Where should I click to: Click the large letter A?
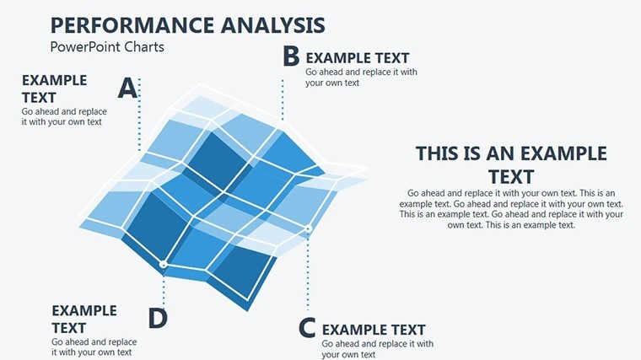pos(127,89)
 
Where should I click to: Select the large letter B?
pos(291,56)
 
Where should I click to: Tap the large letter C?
pos(307,328)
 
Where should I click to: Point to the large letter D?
pos(158,319)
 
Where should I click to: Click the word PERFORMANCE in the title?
pos(132,25)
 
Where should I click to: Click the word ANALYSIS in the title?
pos(273,25)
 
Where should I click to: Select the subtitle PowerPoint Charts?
pos(107,47)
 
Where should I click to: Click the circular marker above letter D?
pos(164,265)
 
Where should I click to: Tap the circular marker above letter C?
pos(308,229)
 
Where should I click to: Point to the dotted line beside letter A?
pos(139,115)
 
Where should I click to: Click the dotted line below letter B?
pos(283,99)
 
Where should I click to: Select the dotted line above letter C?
pos(308,271)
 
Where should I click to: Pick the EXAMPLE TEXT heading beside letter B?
pos(358,58)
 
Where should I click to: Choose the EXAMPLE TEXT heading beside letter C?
pos(374,330)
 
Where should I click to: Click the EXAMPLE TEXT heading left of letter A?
pos(54,89)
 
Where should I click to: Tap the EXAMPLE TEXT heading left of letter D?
pos(84,320)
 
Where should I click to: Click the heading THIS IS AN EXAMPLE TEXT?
pos(511,165)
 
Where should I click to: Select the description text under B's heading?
pos(361,78)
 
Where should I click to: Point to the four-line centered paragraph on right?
pos(511,209)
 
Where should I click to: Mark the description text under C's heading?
pos(377,349)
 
